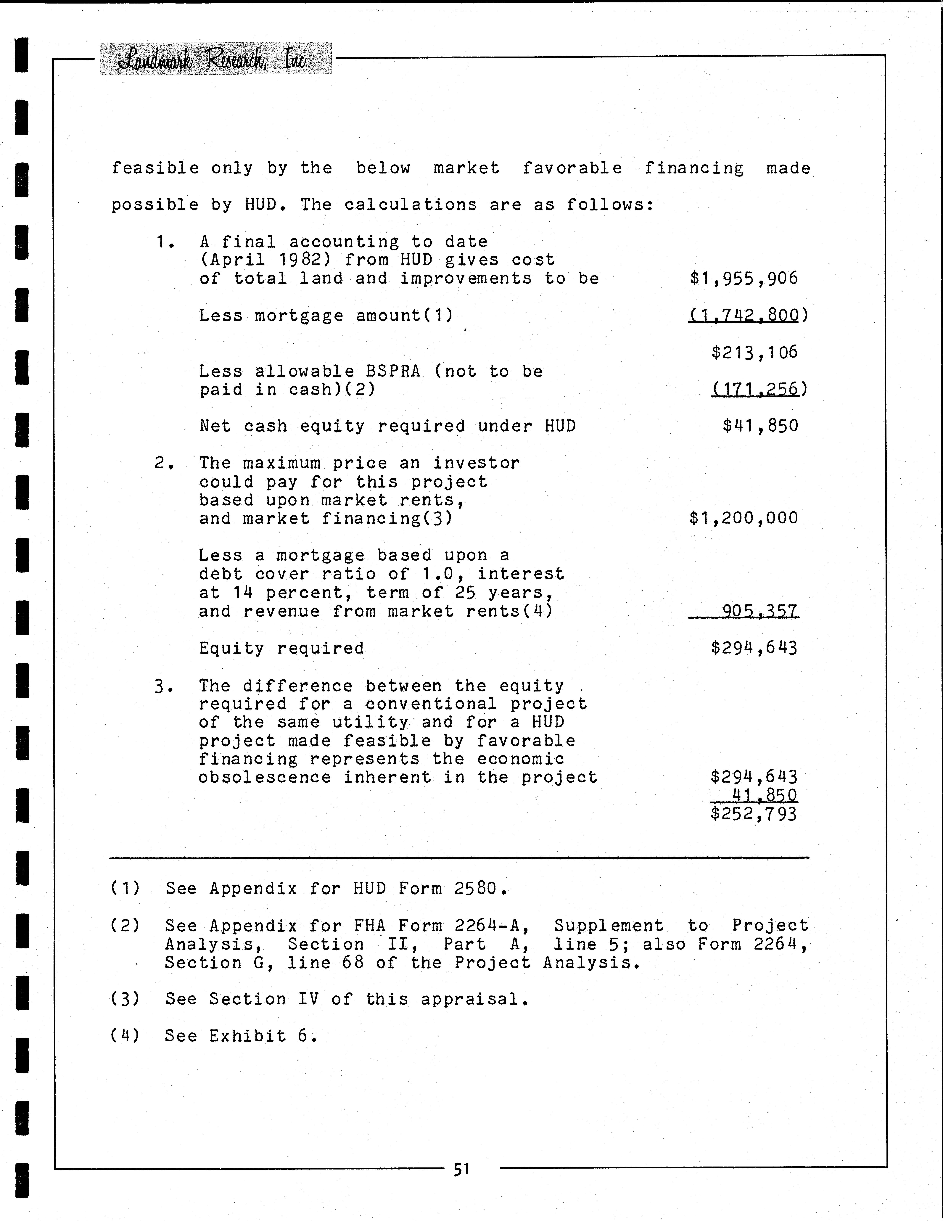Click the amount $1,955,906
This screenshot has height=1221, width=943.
(744, 278)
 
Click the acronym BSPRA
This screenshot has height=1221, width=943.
(388, 371)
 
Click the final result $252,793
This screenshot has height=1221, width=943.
(754, 813)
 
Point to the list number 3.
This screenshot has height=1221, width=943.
(163, 686)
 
